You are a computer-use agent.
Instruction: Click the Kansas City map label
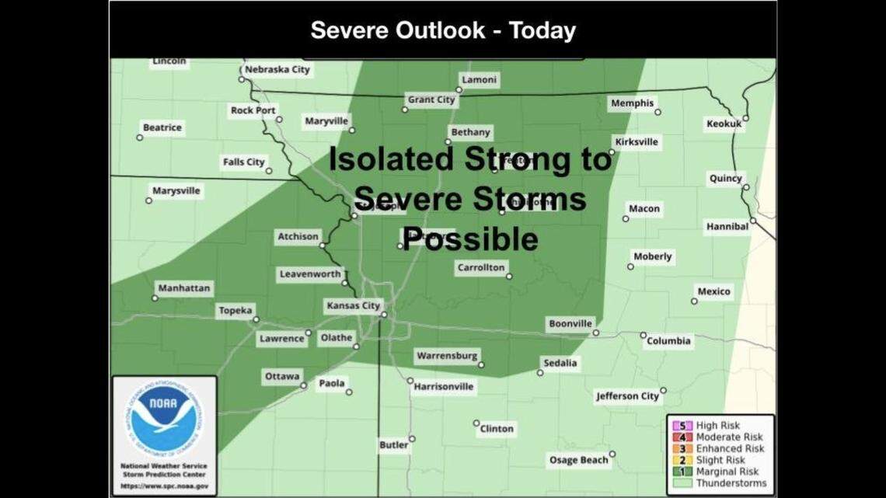click(x=352, y=306)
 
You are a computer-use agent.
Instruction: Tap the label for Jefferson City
click(x=627, y=396)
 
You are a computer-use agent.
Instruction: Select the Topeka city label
click(x=235, y=311)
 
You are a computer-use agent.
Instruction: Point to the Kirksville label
click(x=636, y=142)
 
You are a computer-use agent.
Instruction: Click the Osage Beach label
click(x=578, y=460)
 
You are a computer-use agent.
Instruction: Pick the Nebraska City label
click(x=277, y=70)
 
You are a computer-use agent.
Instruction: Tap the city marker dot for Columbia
click(x=643, y=336)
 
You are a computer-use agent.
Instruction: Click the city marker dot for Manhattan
click(x=155, y=298)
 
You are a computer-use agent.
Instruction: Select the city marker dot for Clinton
click(x=476, y=423)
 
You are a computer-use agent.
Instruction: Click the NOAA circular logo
click(x=164, y=419)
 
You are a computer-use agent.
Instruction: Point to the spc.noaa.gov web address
click(x=164, y=486)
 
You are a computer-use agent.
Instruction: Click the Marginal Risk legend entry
click(x=727, y=472)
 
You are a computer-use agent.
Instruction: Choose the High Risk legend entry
click(x=717, y=426)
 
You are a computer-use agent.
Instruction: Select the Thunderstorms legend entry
click(x=731, y=483)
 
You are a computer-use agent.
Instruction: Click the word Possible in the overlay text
click(x=470, y=239)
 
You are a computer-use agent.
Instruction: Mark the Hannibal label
click(x=727, y=227)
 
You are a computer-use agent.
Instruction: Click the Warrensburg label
click(x=446, y=356)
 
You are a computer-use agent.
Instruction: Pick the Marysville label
click(x=176, y=191)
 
